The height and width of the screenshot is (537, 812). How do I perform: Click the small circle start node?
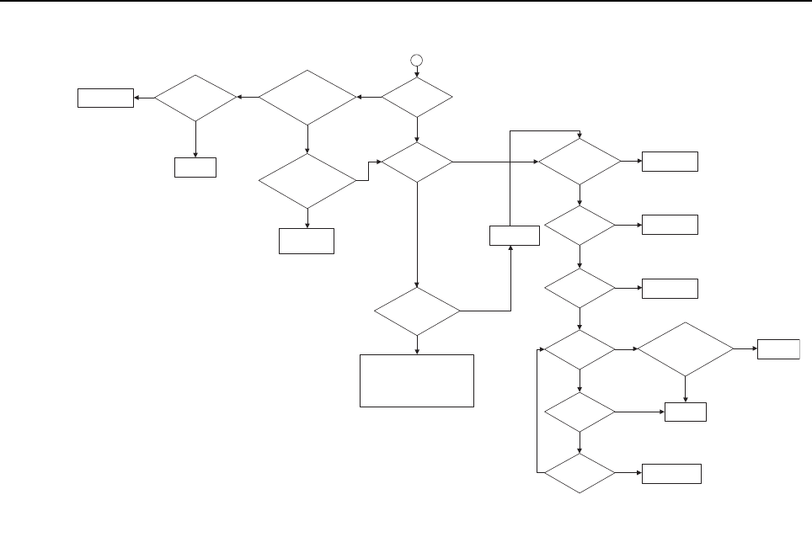416,59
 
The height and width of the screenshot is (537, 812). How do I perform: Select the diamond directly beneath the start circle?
416,98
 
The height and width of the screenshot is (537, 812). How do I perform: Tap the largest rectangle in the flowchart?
417,380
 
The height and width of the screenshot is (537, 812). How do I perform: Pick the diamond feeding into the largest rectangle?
417,311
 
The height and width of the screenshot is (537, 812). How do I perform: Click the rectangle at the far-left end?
105,98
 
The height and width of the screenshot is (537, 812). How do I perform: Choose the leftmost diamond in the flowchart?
195,98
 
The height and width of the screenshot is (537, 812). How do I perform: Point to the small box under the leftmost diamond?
195,167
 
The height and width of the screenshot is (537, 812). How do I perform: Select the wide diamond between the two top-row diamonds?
307,98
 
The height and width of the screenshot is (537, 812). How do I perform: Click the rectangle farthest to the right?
778,348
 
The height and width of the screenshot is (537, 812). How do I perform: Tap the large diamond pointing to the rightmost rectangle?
685,348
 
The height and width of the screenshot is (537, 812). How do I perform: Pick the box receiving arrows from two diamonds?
685,412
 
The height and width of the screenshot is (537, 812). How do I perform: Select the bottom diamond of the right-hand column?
580,475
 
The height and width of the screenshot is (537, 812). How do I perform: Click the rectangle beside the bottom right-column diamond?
671,474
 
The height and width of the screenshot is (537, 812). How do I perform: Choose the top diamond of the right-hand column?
580,161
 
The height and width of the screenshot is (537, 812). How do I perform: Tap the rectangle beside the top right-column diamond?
670,161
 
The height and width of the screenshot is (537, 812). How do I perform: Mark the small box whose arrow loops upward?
514,236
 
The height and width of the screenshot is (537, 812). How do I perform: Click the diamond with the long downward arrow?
417,161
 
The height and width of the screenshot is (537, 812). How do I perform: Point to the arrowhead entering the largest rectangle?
417,352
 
